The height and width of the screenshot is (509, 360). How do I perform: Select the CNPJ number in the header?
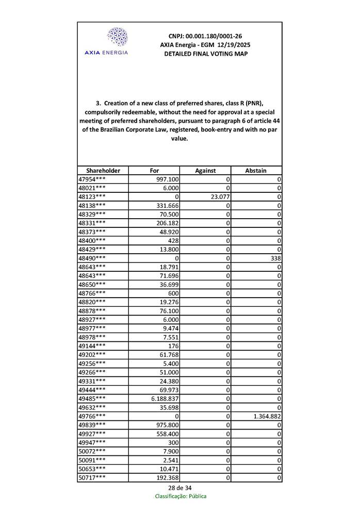(205, 36)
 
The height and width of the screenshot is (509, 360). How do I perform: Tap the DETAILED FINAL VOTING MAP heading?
(205, 54)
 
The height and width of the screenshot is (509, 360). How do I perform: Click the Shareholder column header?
(103, 171)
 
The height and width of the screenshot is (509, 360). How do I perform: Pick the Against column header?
(205, 171)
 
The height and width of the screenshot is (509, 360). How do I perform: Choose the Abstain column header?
(256, 171)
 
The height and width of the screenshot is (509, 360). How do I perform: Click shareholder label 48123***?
(92, 196)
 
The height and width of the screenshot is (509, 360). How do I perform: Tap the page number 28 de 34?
(180, 488)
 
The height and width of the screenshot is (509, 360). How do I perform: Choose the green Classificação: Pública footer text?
(181, 496)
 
